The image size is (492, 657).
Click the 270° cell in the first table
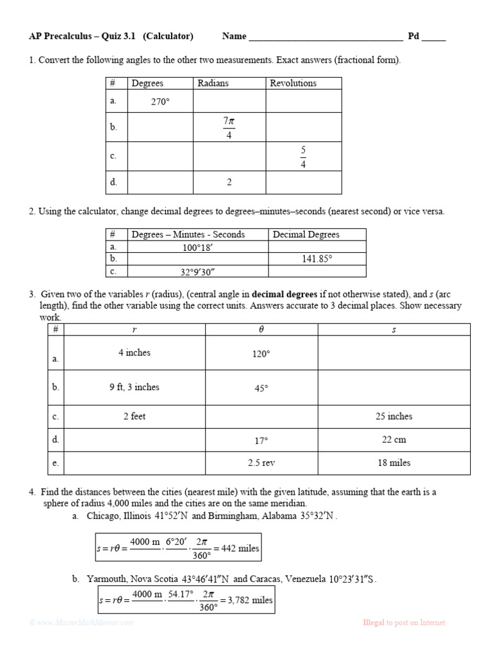pyautogui.click(x=160, y=101)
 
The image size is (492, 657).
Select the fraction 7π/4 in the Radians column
pyautogui.click(x=229, y=127)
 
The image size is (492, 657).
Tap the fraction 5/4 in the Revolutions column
pyautogui.click(x=303, y=157)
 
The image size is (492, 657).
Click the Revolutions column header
pyautogui.click(x=293, y=83)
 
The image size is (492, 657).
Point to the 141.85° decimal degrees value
pyautogui.click(x=317, y=259)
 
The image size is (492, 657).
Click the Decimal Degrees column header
pyautogui.click(x=306, y=234)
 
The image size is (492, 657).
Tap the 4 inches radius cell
pyautogui.click(x=135, y=352)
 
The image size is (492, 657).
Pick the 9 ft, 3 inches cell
pyautogui.click(x=135, y=387)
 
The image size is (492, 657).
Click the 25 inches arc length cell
pyautogui.click(x=393, y=416)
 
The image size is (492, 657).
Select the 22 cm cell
pyautogui.click(x=393, y=439)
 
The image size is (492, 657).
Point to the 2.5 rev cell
pyautogui.click(x=261, y=463)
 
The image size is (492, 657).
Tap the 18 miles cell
pyautogui.click(x=393, y=463)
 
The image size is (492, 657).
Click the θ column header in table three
pyautogui.click(x=261, y=329)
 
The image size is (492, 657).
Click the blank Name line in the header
pyautogui.click(x=325, y=37)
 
